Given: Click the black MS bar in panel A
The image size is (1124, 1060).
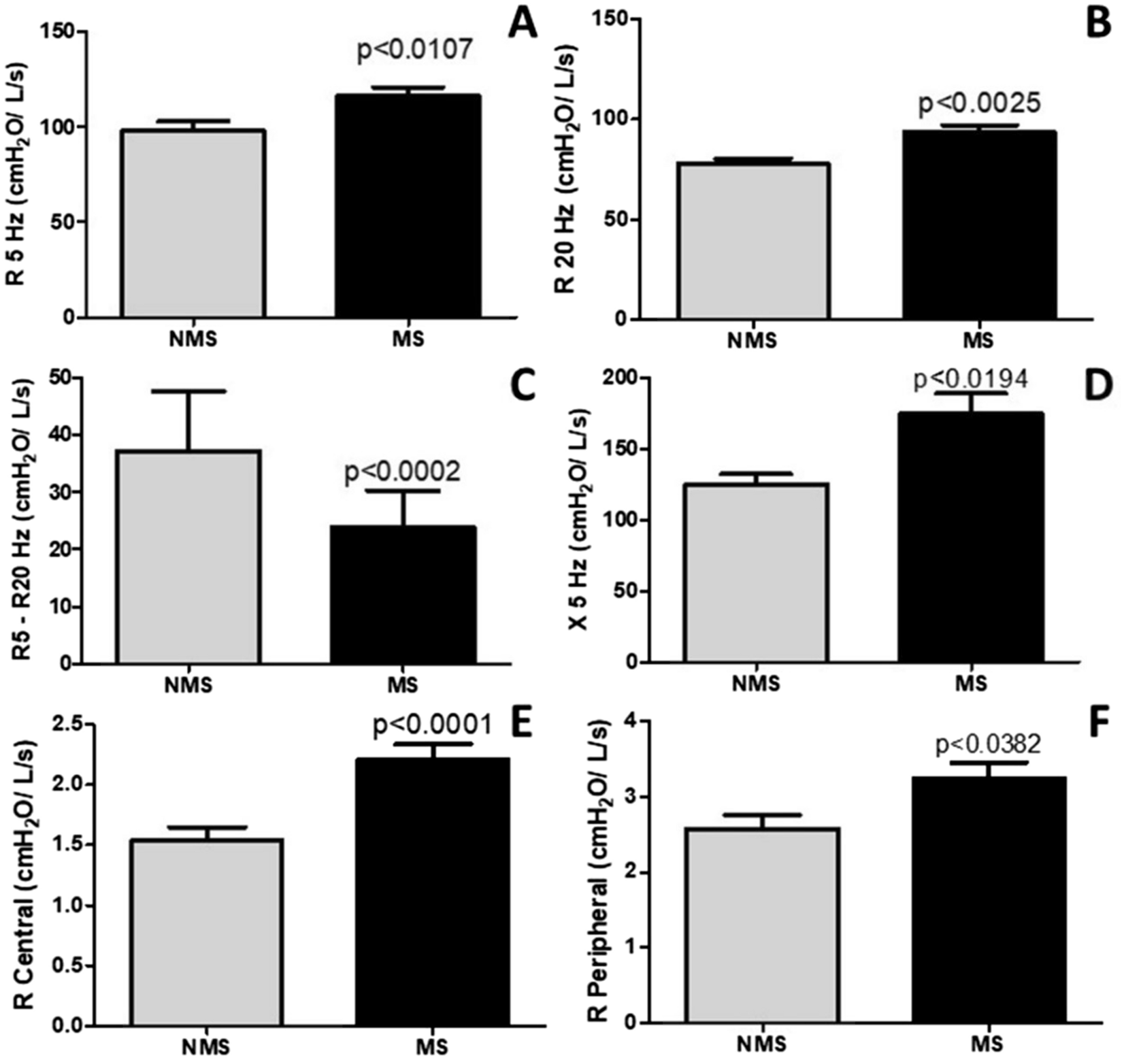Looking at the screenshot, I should pyautogui.click(x=408, y=205).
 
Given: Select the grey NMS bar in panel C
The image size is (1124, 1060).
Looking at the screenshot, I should pyautogui.click(x=188, y=557).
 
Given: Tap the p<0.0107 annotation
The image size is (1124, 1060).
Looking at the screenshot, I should pyautogui.click(x=414, y=50).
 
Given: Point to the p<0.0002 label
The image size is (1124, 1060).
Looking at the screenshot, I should pyautogui.click(x=402, y=471).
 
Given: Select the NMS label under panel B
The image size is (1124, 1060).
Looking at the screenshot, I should pyautogui.click(x=752, y=339).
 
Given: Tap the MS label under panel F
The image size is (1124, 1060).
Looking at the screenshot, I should pyautogui.click(x=982, y=1042).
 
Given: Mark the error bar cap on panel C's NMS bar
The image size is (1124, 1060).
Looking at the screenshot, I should pyautogui.click(x=188, y=391).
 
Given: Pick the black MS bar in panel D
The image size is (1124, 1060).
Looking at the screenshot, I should pyautogui.click(x=971, y=537).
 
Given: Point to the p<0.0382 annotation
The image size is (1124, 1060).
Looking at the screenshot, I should pyautogui.click(x=989, y=745).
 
